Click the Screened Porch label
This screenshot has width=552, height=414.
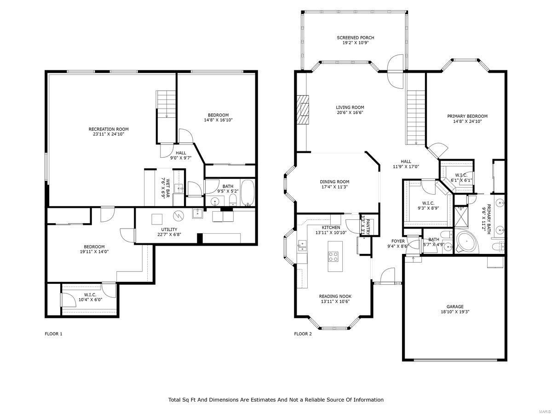(x=355, y=38)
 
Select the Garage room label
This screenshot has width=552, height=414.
(x=454, y=307)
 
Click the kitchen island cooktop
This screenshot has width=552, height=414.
(x=333, y=257)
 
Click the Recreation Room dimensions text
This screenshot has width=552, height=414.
(x=109, y=134)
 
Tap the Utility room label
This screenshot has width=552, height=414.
(x=169, y=230)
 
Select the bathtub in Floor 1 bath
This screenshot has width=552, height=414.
(x=247, y=194)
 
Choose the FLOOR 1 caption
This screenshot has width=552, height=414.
(x=53, y=334)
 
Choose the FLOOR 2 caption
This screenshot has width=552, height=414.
(x=303, y=334)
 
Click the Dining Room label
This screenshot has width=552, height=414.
(x=334, y=182)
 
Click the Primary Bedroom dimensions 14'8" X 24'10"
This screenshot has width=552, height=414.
(x=467, y=122)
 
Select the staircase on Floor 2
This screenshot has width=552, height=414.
(x=416, y=117)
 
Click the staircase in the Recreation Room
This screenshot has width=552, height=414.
(x=166, y=106)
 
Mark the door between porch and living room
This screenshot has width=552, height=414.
(x=395, y=71)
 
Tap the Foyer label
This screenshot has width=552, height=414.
(x=398, y=241)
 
